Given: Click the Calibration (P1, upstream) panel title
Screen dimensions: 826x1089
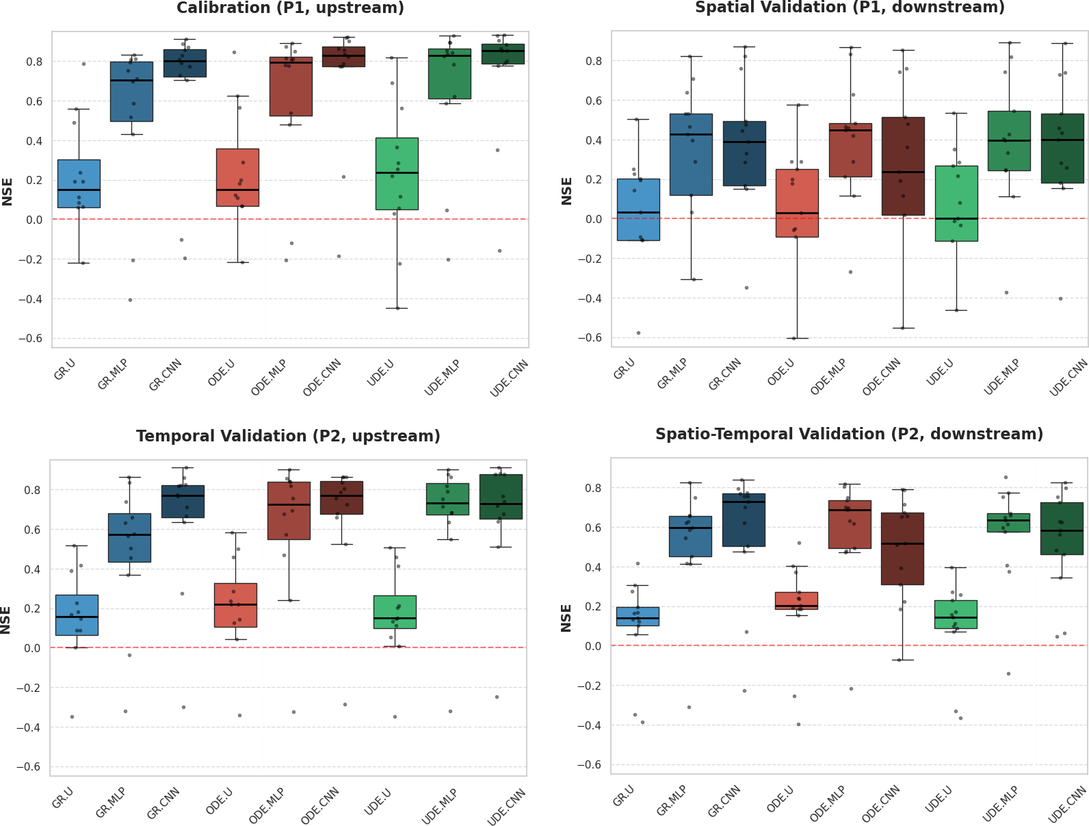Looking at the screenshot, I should (290, 8).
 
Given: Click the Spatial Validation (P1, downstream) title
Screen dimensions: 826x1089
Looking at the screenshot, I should (850, 8).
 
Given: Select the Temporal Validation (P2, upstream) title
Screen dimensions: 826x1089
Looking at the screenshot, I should (288, 436).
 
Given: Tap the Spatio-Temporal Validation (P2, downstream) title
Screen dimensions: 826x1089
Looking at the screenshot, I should (849, 434).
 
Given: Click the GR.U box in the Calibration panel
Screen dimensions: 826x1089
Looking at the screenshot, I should (79, 183).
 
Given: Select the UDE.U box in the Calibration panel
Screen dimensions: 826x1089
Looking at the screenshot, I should (397, 174).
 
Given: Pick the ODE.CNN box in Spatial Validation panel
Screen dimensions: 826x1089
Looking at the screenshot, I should (903, 166).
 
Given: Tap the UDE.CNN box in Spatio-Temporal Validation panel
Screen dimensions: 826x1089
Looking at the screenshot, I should (1062, 528).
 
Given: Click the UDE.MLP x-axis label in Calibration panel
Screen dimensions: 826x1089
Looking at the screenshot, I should (442, 378).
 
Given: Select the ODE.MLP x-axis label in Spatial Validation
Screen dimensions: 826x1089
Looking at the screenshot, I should (828, 378).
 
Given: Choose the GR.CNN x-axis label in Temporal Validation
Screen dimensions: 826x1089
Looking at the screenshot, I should (163, 803).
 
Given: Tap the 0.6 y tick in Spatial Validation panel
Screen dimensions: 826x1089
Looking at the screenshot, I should (593, 101).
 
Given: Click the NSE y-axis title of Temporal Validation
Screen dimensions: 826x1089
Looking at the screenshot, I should (6, 620).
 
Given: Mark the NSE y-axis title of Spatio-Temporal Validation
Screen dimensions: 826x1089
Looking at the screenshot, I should (566, 618).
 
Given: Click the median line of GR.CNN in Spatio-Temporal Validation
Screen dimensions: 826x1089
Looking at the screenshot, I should (744, 502).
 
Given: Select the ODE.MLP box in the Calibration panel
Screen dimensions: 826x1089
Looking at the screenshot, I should (291, 87).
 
